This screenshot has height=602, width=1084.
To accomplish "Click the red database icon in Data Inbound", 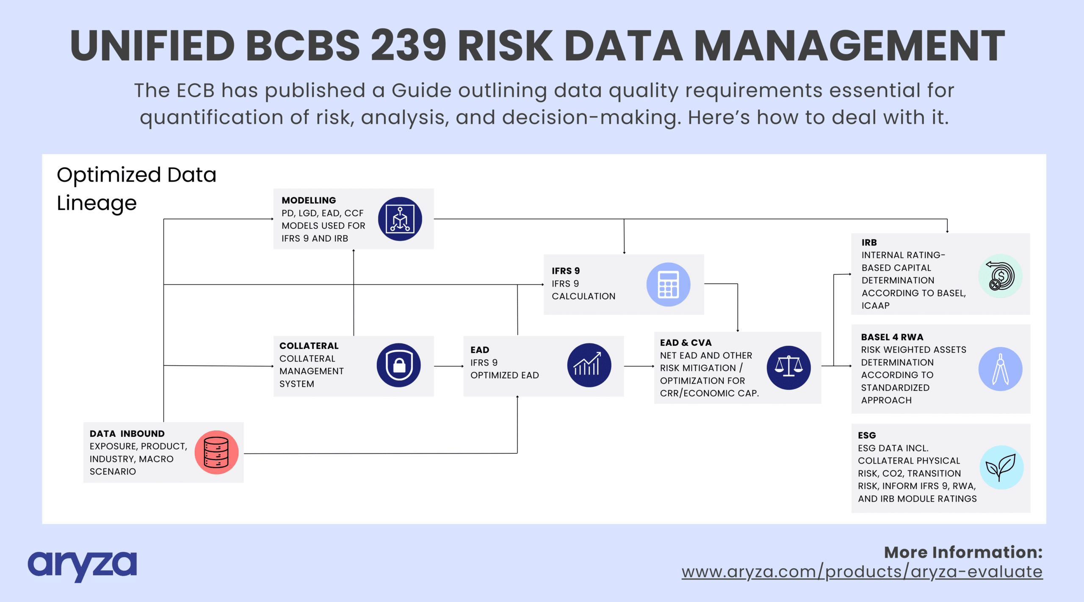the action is (216, 452).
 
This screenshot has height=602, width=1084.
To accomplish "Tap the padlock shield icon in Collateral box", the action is (398, 365).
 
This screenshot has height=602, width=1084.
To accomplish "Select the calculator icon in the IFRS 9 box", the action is (668, 284).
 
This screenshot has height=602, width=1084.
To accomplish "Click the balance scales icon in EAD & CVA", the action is (788, 367).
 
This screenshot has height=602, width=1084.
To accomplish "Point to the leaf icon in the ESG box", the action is (1001, 467).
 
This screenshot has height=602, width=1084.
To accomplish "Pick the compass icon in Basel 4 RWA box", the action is (1000, 369).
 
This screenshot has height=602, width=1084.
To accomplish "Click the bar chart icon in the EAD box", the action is (589, 365).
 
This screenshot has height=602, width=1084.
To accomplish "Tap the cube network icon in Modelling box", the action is (400, 219).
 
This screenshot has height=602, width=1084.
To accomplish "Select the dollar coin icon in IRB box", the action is (1000, 276).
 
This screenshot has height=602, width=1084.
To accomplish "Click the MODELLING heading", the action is (309, 200).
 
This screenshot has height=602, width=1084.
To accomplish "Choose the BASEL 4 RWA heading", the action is (892, 337).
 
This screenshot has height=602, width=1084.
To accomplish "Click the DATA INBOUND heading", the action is (127, 434).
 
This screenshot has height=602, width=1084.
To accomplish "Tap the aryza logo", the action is (82, 566).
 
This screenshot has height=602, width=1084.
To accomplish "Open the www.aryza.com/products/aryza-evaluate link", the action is (862, 572).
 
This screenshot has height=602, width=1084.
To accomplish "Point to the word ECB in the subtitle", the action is (196, 91).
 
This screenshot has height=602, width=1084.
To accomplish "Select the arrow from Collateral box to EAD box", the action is (449, 366).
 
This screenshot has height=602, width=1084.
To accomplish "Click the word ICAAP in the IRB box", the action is (875, 306).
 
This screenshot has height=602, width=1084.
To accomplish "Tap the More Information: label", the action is (963, 552).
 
